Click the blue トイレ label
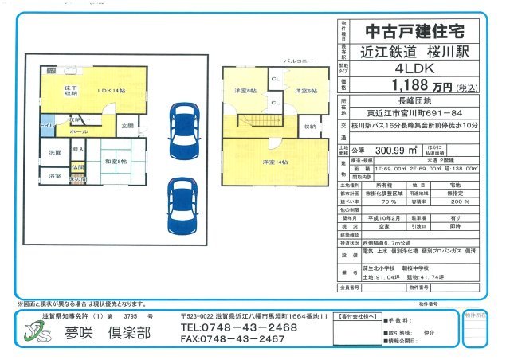(x=48, y=126)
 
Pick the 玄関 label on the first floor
(x=127, y=126)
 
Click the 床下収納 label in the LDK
(x=71, y=90)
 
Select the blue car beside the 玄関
(x=178, y=127)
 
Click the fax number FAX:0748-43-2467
(x=232, y=338)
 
